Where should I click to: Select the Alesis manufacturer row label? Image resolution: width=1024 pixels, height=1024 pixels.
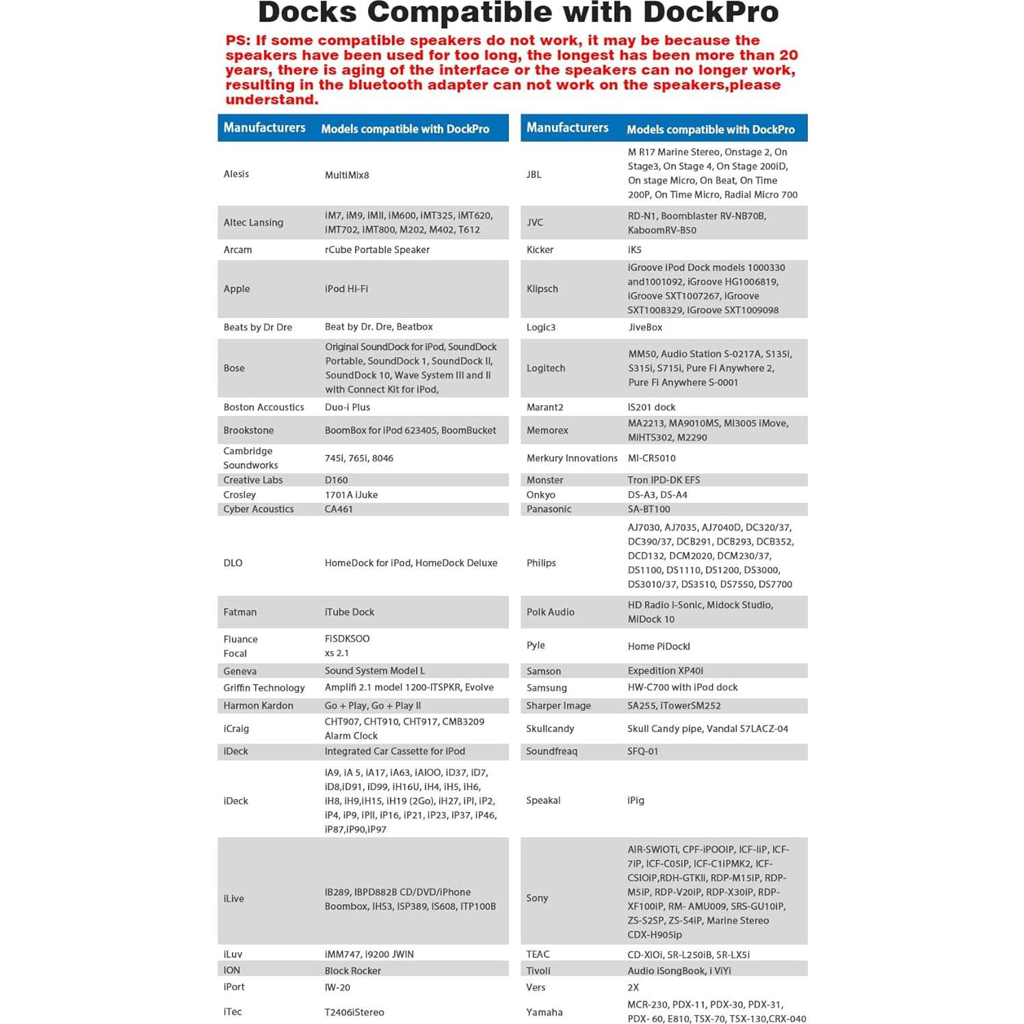pos(236,174)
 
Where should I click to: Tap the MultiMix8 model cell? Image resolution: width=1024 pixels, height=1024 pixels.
pos(347,175)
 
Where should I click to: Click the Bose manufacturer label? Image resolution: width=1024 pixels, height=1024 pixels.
pos(234,368)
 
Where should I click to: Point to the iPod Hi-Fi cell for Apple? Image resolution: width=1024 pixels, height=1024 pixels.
pos(346,289)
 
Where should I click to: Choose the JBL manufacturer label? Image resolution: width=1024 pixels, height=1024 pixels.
pos(534,174)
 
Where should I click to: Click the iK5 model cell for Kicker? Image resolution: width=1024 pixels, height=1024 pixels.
pos(635,250)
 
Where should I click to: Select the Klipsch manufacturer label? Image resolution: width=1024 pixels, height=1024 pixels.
pos(542,289)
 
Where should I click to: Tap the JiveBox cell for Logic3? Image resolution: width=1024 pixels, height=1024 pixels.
pos(646,327)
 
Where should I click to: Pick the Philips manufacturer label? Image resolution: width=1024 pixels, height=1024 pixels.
pos(541,563)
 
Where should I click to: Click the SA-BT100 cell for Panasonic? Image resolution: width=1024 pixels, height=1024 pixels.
pos(649,509)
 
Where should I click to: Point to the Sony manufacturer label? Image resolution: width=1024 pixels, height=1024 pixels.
pos(537,898)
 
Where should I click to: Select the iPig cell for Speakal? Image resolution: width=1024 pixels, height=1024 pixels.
pos(636,800)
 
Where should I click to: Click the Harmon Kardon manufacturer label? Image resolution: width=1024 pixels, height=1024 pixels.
pos(258,705)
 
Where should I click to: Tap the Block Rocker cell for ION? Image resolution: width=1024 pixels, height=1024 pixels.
pos(353,971)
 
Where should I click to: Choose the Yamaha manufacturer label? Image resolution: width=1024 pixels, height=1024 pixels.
pos(544,1012)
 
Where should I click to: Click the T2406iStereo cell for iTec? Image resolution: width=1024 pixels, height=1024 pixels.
pos(354,1012)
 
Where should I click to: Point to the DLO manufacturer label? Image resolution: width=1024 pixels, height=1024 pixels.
pos(233,563)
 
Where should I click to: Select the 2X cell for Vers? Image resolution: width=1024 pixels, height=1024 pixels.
pos(633,988)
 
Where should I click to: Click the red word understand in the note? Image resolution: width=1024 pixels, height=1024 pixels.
pos(271,100)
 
